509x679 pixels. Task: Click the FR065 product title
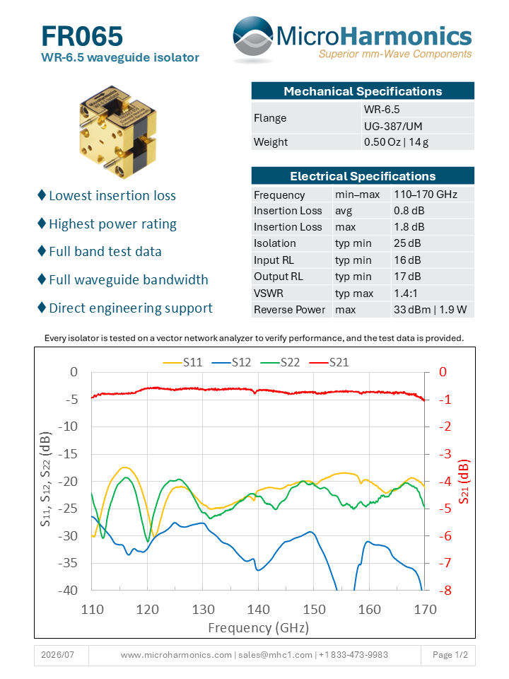(82, 36)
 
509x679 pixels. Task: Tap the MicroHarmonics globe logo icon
(253, 38)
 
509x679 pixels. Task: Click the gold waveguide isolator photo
(118, 132)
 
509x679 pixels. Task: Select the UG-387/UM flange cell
(393, 127)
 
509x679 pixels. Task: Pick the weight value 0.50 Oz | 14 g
(396, 142)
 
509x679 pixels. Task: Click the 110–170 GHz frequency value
(426, 195)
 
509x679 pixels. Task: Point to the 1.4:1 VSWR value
(406, 293)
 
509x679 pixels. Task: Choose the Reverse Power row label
(289, 310)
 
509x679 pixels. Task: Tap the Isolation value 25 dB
(407, 243)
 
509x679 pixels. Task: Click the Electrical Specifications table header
(363, 176)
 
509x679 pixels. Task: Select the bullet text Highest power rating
(112, 224)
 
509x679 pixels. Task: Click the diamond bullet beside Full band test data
(42, 250)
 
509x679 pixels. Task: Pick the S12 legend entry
(231, 362)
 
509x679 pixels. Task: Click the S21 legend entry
(329, 362)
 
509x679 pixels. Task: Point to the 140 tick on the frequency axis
(259, 609)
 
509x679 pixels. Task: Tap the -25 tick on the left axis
(68, 509)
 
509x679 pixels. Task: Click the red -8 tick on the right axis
(445, 590)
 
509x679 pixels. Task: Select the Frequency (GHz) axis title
(259, 627)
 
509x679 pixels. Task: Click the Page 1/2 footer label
(450, 655)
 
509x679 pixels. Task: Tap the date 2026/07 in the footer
(57, 655)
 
